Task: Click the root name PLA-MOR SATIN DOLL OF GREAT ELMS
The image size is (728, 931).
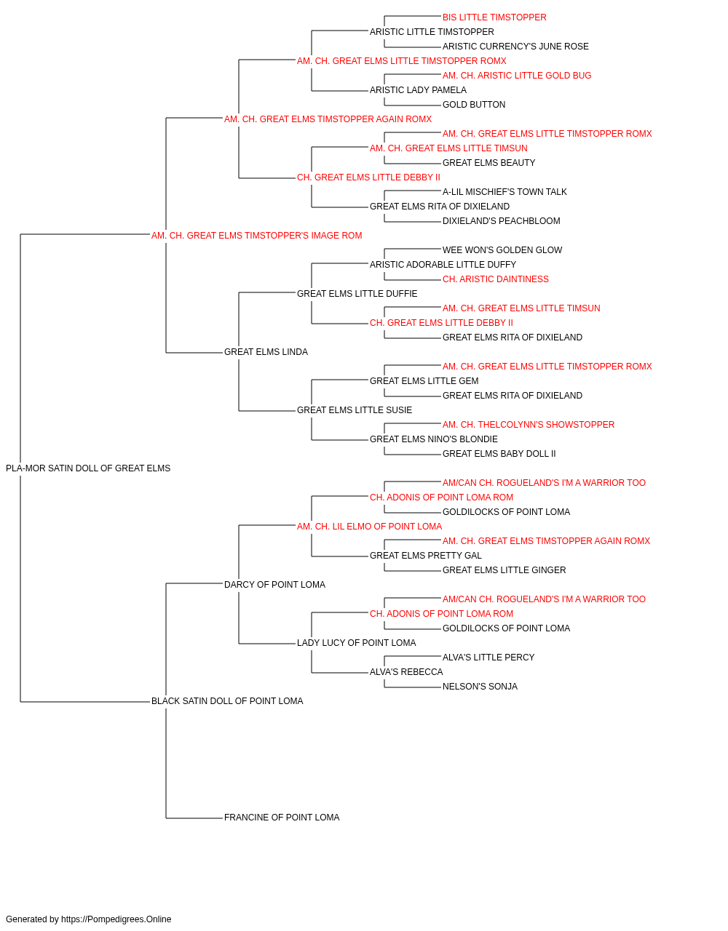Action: click(88, 468)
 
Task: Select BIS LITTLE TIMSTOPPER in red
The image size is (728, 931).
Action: click(494, 17)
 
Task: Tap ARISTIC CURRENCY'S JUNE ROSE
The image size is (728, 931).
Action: click(515, 47)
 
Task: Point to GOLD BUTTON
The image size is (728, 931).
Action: click(474, 105)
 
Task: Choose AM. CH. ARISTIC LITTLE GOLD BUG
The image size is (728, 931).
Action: click(517, 76)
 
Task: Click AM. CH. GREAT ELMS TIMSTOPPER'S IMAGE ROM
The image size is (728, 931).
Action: click(256, 236)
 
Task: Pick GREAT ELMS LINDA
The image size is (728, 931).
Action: click(266, 352)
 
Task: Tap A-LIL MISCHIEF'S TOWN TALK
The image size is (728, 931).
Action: click(505, 192)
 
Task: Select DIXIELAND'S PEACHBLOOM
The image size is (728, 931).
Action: click(501, 221)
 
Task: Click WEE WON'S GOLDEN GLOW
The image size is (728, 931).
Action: click(502, 250)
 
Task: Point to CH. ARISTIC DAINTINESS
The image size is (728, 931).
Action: click(496, 279)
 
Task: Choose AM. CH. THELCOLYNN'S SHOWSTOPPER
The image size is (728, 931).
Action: click(529, 425)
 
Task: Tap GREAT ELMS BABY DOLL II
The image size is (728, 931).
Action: click(499, 454)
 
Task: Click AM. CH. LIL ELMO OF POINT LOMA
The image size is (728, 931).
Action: click(369, 527)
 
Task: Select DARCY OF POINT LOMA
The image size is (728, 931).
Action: click(274, 585)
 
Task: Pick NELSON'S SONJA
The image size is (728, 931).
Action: click(480, 687)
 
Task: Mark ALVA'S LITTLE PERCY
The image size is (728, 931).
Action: click(488, 658)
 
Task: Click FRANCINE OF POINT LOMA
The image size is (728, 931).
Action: click(282, 818)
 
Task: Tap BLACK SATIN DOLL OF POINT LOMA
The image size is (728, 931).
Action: click(227, 701)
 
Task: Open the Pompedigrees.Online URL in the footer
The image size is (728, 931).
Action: click(116, 919)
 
